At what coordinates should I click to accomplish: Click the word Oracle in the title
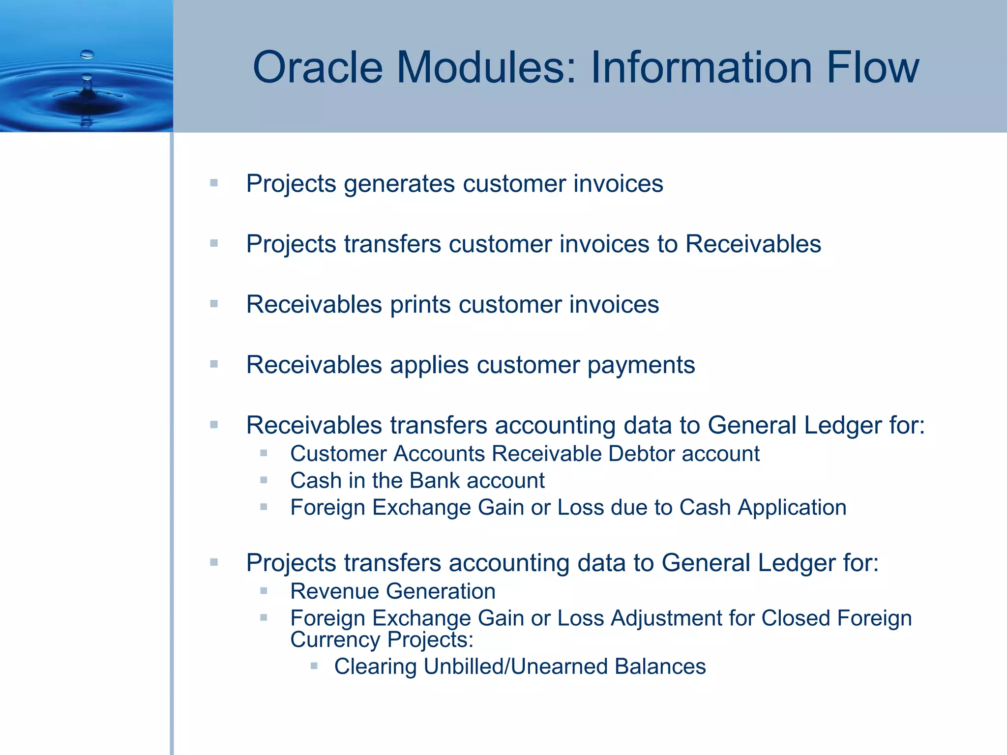(317, 67)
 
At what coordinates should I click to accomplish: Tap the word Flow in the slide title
(872, 67)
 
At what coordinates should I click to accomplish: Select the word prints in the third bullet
(420, 304)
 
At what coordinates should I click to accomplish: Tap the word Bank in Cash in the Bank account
(434, 480)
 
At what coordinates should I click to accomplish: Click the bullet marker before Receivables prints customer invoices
(214, 304)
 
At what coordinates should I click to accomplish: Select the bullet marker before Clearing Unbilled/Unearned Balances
(314, 667)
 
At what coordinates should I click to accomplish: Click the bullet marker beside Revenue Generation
(264, 591)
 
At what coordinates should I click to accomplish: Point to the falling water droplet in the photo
(87, 54)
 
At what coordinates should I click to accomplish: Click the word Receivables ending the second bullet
(753, 244)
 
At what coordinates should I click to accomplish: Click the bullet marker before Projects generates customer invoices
(214, 183)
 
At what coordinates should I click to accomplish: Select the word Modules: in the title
(486, 67)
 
